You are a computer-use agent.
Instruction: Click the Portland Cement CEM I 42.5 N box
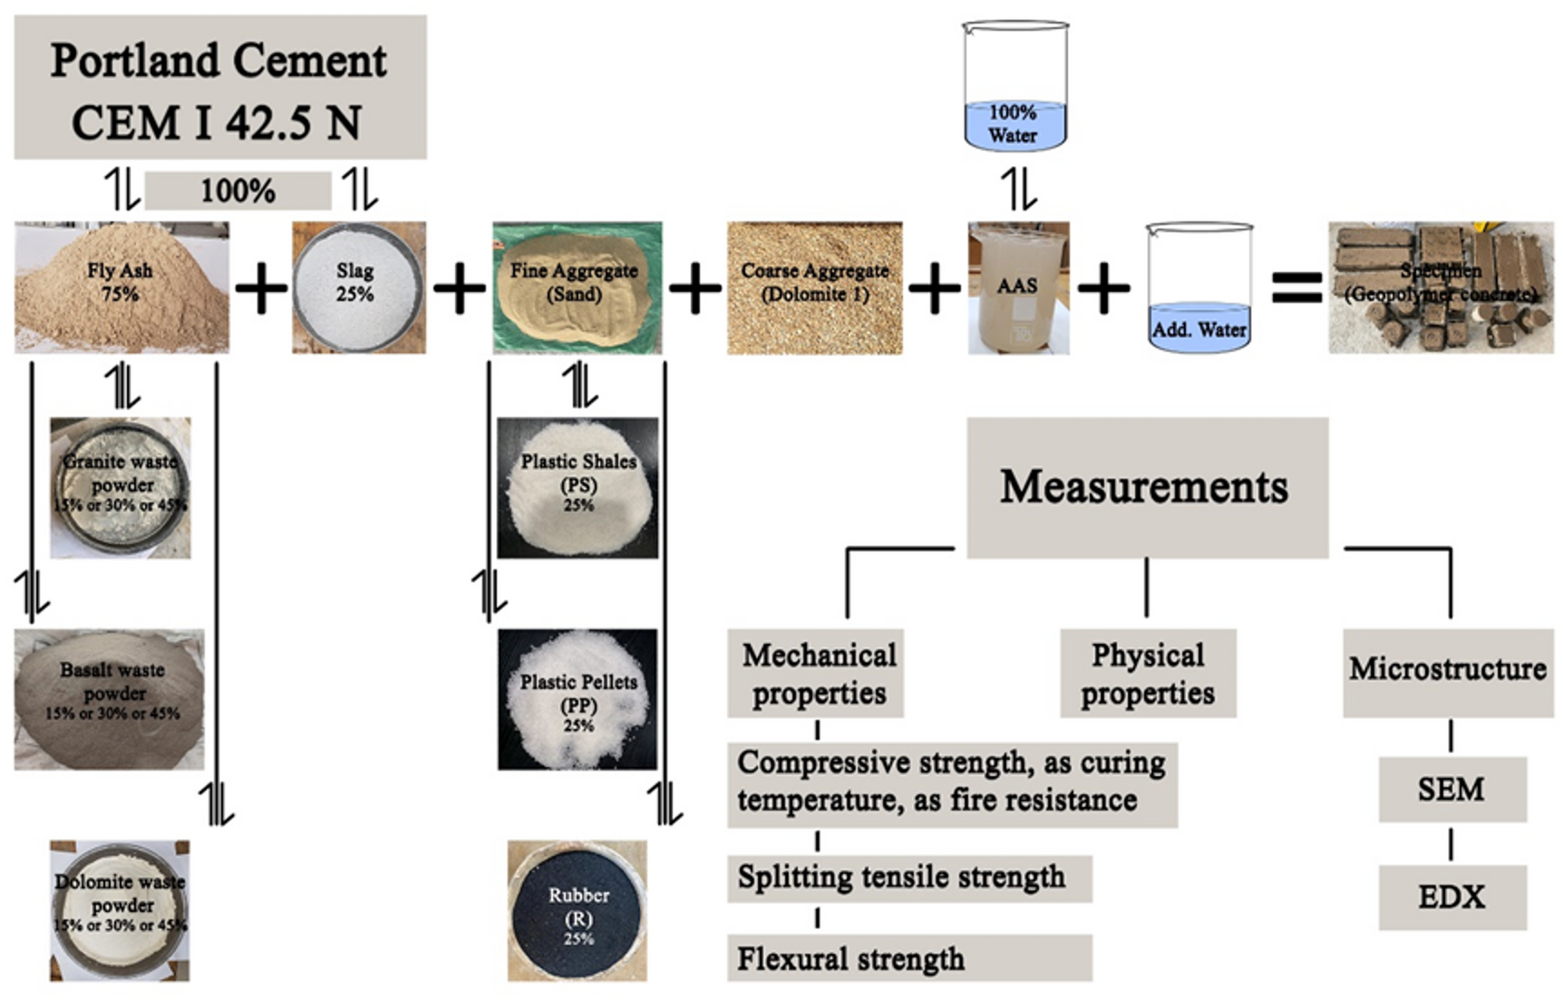pos(219,88)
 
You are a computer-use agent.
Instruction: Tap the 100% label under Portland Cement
pos(238,191)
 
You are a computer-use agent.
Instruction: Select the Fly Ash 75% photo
pos(121,287)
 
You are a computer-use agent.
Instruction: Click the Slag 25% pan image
pos(358,287)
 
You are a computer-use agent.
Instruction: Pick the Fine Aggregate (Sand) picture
pos(577,287)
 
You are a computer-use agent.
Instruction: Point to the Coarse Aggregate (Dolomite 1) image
pos(814,287)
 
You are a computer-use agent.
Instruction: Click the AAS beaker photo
pos(1018,287)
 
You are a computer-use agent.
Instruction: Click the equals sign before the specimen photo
pos(1296,287)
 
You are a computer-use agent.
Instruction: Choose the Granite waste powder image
pos(121,488)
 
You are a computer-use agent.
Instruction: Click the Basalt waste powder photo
pos(109,699)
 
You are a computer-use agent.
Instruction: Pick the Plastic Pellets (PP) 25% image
pos(578,699)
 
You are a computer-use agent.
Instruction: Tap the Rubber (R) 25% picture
pos(578,910)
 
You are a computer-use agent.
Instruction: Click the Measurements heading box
pos(1147,488)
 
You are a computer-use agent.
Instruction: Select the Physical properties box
pos(1148,674)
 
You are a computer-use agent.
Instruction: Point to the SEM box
pos(1451,790)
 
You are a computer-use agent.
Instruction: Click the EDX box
pos(1451,897)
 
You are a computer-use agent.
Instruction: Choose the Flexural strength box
pos(908,958)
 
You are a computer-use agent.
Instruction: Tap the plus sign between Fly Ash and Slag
pos(261,288)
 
